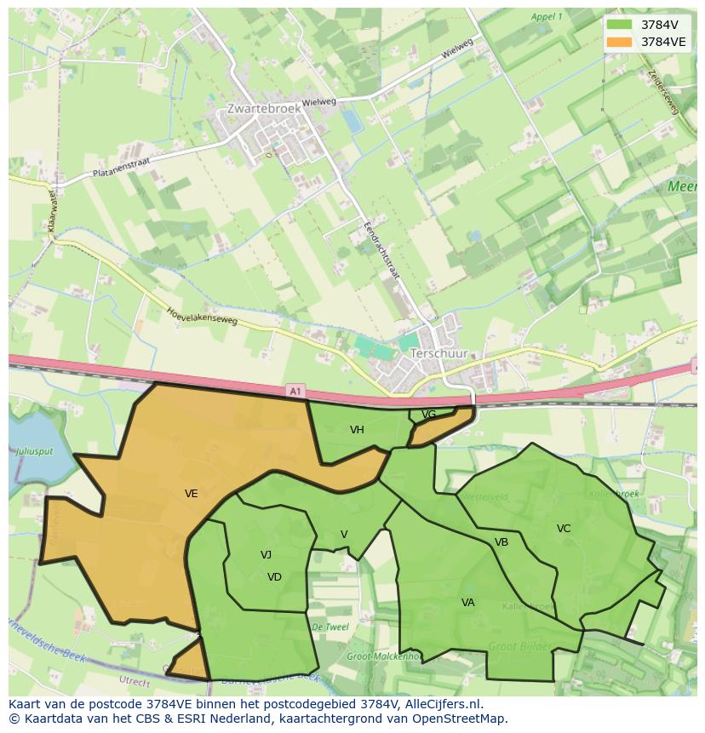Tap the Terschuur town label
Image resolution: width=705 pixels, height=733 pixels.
pyautogui.click(x=438, y=352)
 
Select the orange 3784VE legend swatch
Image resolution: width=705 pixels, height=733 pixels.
pyautogui.click(x=619, y=41)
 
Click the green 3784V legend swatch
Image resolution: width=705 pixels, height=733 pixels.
pyautogui.click(x=619, y=24)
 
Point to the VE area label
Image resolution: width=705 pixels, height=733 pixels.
pyautogui.click(x=191, y=493)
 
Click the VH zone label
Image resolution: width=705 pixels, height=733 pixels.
pyautogui.click(x=357, y=430)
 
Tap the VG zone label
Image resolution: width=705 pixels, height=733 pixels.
pyautogui.click(x=428, y=415)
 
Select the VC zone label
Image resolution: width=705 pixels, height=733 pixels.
pyautogui.click(x=564, y=529)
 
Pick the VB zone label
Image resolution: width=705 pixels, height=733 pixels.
pyautogui.click(x=502, y=542)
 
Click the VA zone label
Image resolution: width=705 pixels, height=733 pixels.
pyautogui.click(x=467, y=603)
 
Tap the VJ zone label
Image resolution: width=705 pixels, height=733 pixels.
pyautogui.click(x=266, y=555)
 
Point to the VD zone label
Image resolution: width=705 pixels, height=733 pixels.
pyautogui.click(x=274, y=577)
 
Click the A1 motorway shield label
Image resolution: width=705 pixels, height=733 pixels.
pyautogui.click(x=295, y=391)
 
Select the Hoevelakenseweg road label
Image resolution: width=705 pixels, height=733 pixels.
pyautogui.click(x=202, y=317)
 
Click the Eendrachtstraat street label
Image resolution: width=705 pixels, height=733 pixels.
pyautogui.click(x=381, y=253)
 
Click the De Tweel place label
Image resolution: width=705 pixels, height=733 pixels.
pyautogui.click(x=330, y=627)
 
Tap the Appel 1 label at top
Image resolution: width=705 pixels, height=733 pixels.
pyautogui.click(x=546, y=17)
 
